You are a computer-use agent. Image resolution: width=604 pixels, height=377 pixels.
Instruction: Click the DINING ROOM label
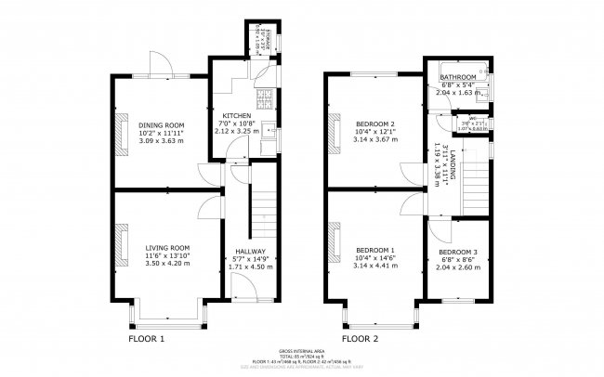click(162, 125)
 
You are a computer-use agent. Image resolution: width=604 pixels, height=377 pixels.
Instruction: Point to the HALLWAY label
click(250, 252)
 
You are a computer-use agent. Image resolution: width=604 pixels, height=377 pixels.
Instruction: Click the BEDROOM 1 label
click(375, 251)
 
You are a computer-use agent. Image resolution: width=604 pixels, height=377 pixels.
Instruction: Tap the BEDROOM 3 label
click(458, 253)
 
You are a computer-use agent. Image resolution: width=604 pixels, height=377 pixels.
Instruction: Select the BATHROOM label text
click(457, 78)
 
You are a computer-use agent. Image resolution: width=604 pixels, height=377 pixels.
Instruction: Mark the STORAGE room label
click(250, 40)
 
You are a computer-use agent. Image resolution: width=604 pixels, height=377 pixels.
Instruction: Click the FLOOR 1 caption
click(146, 339)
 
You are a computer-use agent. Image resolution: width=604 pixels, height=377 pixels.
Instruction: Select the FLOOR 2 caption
click(361, 339)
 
